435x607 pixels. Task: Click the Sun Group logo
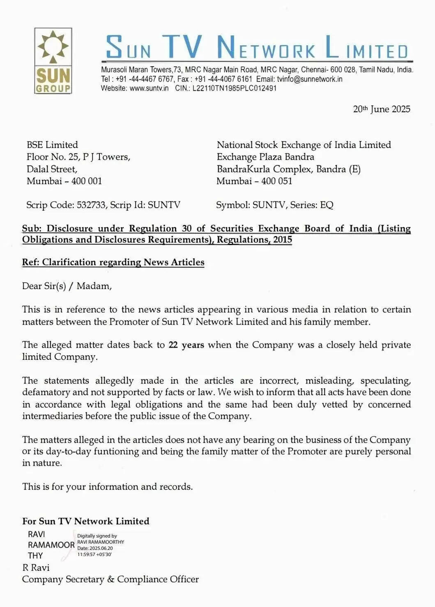pos(53,61)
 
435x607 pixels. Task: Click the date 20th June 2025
pos(381,109)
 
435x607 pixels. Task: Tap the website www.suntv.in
pos(149,88)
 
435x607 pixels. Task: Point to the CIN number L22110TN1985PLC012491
pos(234,88)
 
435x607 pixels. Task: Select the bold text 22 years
pos(186,345)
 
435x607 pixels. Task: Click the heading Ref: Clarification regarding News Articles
pos(113,262)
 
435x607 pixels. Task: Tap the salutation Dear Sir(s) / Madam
pos(67,286)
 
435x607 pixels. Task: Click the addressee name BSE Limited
pos(52,145)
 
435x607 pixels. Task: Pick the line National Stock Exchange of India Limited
pos(304,145)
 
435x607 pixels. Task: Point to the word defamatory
pos(46,392)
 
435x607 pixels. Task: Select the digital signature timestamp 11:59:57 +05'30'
pos(94,554)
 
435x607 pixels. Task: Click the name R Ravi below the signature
pos(36,568)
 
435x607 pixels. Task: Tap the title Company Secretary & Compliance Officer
pos(110,579)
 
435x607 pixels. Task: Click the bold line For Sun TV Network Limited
pos(85,521)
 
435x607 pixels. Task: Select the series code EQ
pos(327,205)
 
